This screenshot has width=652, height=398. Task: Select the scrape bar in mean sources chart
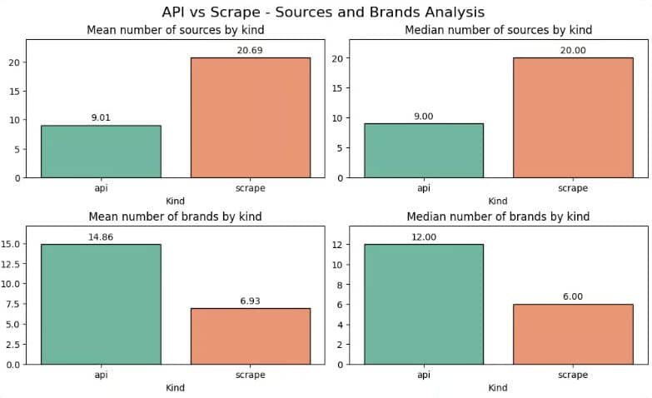point(250,117)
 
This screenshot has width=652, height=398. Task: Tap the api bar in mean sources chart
point(101,151)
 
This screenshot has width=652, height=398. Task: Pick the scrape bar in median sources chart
point(573,117)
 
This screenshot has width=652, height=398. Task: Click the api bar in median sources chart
point(423,150)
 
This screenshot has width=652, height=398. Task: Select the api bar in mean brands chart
point(101,304)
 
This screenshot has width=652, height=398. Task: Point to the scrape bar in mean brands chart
point(250,336)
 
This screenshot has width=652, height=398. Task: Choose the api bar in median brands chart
point(423,304)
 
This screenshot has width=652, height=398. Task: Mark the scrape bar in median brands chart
point(573,334)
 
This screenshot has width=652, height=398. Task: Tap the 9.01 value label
point(101,117)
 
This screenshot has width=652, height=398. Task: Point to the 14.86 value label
point(101,236)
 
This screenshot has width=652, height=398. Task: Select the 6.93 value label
point(250,301)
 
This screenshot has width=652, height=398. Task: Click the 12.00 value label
point(423,236)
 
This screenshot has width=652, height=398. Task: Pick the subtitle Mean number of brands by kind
point(175,216)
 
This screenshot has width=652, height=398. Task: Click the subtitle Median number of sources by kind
point(498,30)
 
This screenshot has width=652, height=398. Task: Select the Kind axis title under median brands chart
point(498,387)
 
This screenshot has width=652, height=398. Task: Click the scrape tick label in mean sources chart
point(250,188)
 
